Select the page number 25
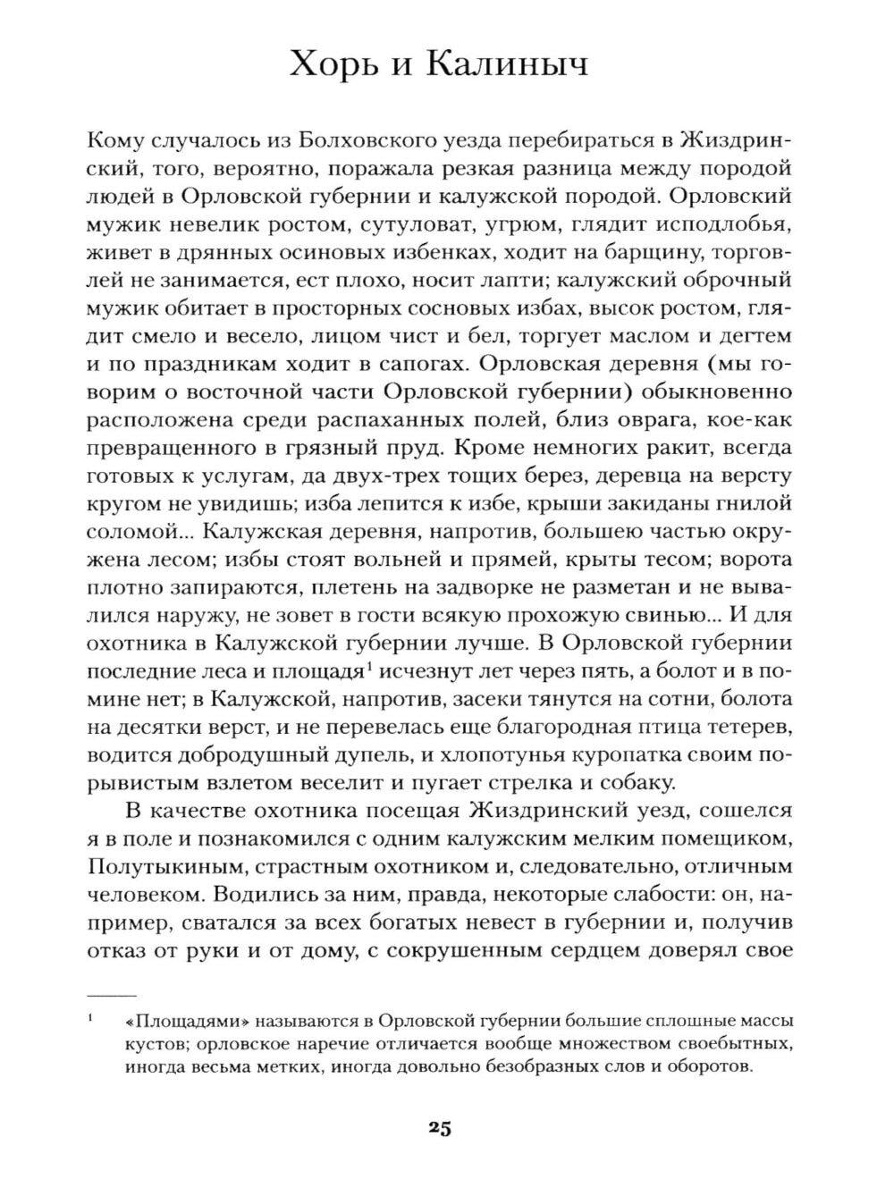click(440, 1127)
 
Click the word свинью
click(671, 617)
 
